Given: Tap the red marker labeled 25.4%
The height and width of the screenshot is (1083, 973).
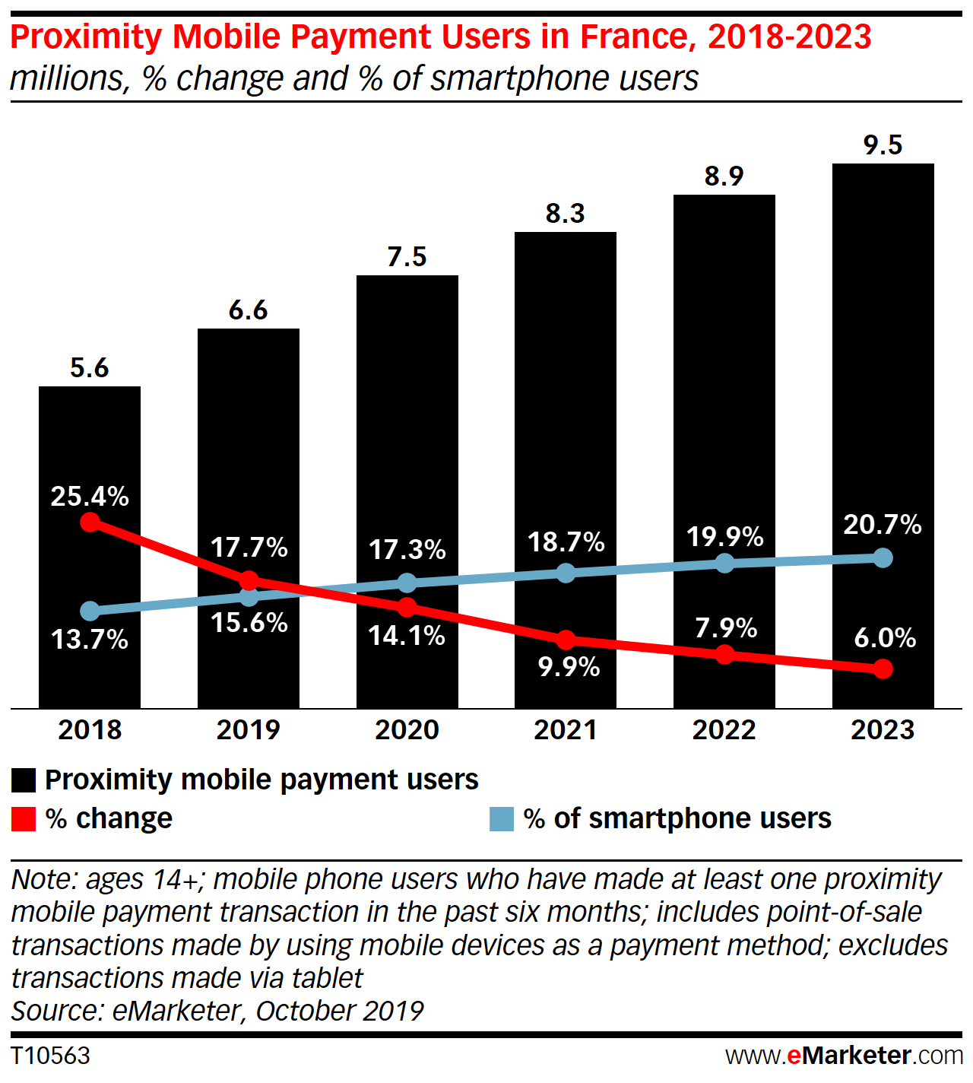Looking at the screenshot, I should [90, 522].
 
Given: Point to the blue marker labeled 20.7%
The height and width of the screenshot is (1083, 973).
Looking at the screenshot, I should [883, 558].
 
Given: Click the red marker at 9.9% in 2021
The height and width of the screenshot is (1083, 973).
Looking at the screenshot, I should [566, 640].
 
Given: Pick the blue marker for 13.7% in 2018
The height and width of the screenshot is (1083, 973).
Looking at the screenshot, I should [90, 611].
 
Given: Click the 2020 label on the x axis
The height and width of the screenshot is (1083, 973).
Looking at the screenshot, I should [407, 730].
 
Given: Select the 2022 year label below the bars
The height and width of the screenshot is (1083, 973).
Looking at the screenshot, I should [724, 730].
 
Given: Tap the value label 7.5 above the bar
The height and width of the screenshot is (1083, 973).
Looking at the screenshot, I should [407, 257].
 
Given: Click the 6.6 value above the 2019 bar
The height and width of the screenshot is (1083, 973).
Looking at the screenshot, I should [248, 310].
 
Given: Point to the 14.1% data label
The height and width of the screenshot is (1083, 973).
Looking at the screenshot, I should [407, 636].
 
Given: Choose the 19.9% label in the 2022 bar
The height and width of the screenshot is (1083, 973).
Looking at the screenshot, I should [724, 537].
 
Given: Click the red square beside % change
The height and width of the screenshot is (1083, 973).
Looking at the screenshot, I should [24, 819].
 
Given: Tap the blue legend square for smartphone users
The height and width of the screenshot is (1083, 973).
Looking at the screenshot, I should [502, 819].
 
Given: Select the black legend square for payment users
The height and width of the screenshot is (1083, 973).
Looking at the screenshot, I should [24, 780].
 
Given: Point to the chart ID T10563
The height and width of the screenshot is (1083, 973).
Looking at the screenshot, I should [50, 1056].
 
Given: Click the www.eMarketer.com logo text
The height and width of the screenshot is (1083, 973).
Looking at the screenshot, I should [844, 1056].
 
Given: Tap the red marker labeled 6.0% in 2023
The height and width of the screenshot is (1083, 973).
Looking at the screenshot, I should [883, 669].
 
